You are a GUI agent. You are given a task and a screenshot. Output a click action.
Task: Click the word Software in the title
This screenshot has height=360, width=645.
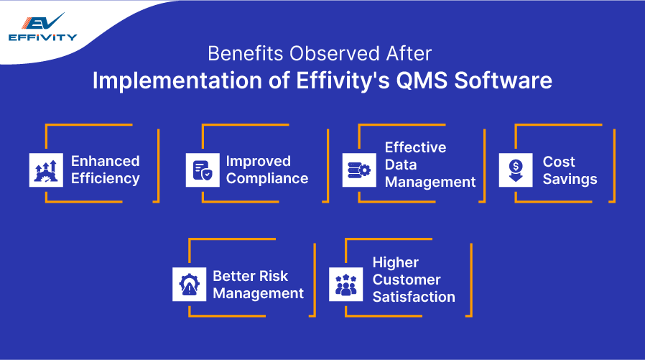[505, 80]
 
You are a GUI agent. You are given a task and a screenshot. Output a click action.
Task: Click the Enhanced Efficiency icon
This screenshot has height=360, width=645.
[46, 170]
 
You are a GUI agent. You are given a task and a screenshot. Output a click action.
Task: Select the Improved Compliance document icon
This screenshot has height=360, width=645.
[203, 170]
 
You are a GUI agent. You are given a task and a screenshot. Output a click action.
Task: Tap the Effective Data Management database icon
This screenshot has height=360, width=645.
[359, 170]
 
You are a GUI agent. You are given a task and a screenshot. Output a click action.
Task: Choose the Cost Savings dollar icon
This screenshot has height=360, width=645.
[516, 170]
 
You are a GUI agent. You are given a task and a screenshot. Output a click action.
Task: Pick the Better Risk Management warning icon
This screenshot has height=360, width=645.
[190, 284]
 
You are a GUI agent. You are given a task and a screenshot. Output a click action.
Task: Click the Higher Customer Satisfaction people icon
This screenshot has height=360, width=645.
[346, 284]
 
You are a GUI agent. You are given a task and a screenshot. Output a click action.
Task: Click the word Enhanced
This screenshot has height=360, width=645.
[105, 161]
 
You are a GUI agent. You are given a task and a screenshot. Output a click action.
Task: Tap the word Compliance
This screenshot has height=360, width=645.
[267, 178]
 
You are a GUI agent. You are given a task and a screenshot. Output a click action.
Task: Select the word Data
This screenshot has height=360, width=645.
[401, 165]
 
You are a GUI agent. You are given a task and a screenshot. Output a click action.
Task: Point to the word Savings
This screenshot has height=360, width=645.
[570, 178]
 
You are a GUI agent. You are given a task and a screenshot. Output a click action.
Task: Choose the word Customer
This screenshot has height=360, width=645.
[407, 280]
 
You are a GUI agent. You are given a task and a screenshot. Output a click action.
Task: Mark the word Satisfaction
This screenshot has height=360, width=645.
[414, 297]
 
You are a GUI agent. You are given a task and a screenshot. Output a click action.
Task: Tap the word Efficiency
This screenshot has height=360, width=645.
[105, 178]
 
